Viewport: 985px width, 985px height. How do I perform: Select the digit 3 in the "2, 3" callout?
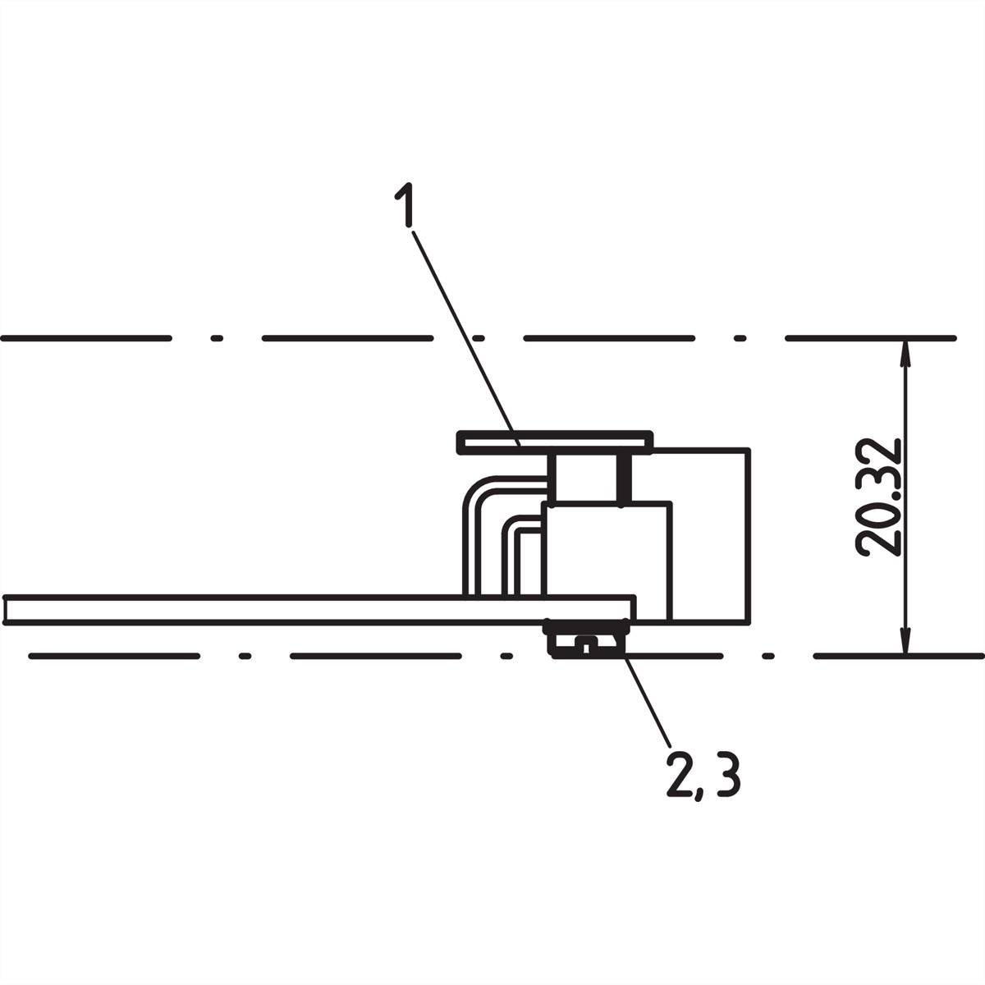[727, 777]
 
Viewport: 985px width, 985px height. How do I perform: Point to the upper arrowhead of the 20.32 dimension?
[905, 353]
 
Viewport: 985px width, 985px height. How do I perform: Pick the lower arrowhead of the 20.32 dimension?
[905, 642]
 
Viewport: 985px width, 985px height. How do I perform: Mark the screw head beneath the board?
[586, 639]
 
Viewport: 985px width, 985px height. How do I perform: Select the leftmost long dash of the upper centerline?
[86, 337]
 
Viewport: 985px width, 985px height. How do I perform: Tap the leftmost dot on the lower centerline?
[244, 657]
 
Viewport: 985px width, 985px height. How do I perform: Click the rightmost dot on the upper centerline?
[740, 337]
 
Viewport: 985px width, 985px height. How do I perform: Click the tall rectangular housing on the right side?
[710, 534]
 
